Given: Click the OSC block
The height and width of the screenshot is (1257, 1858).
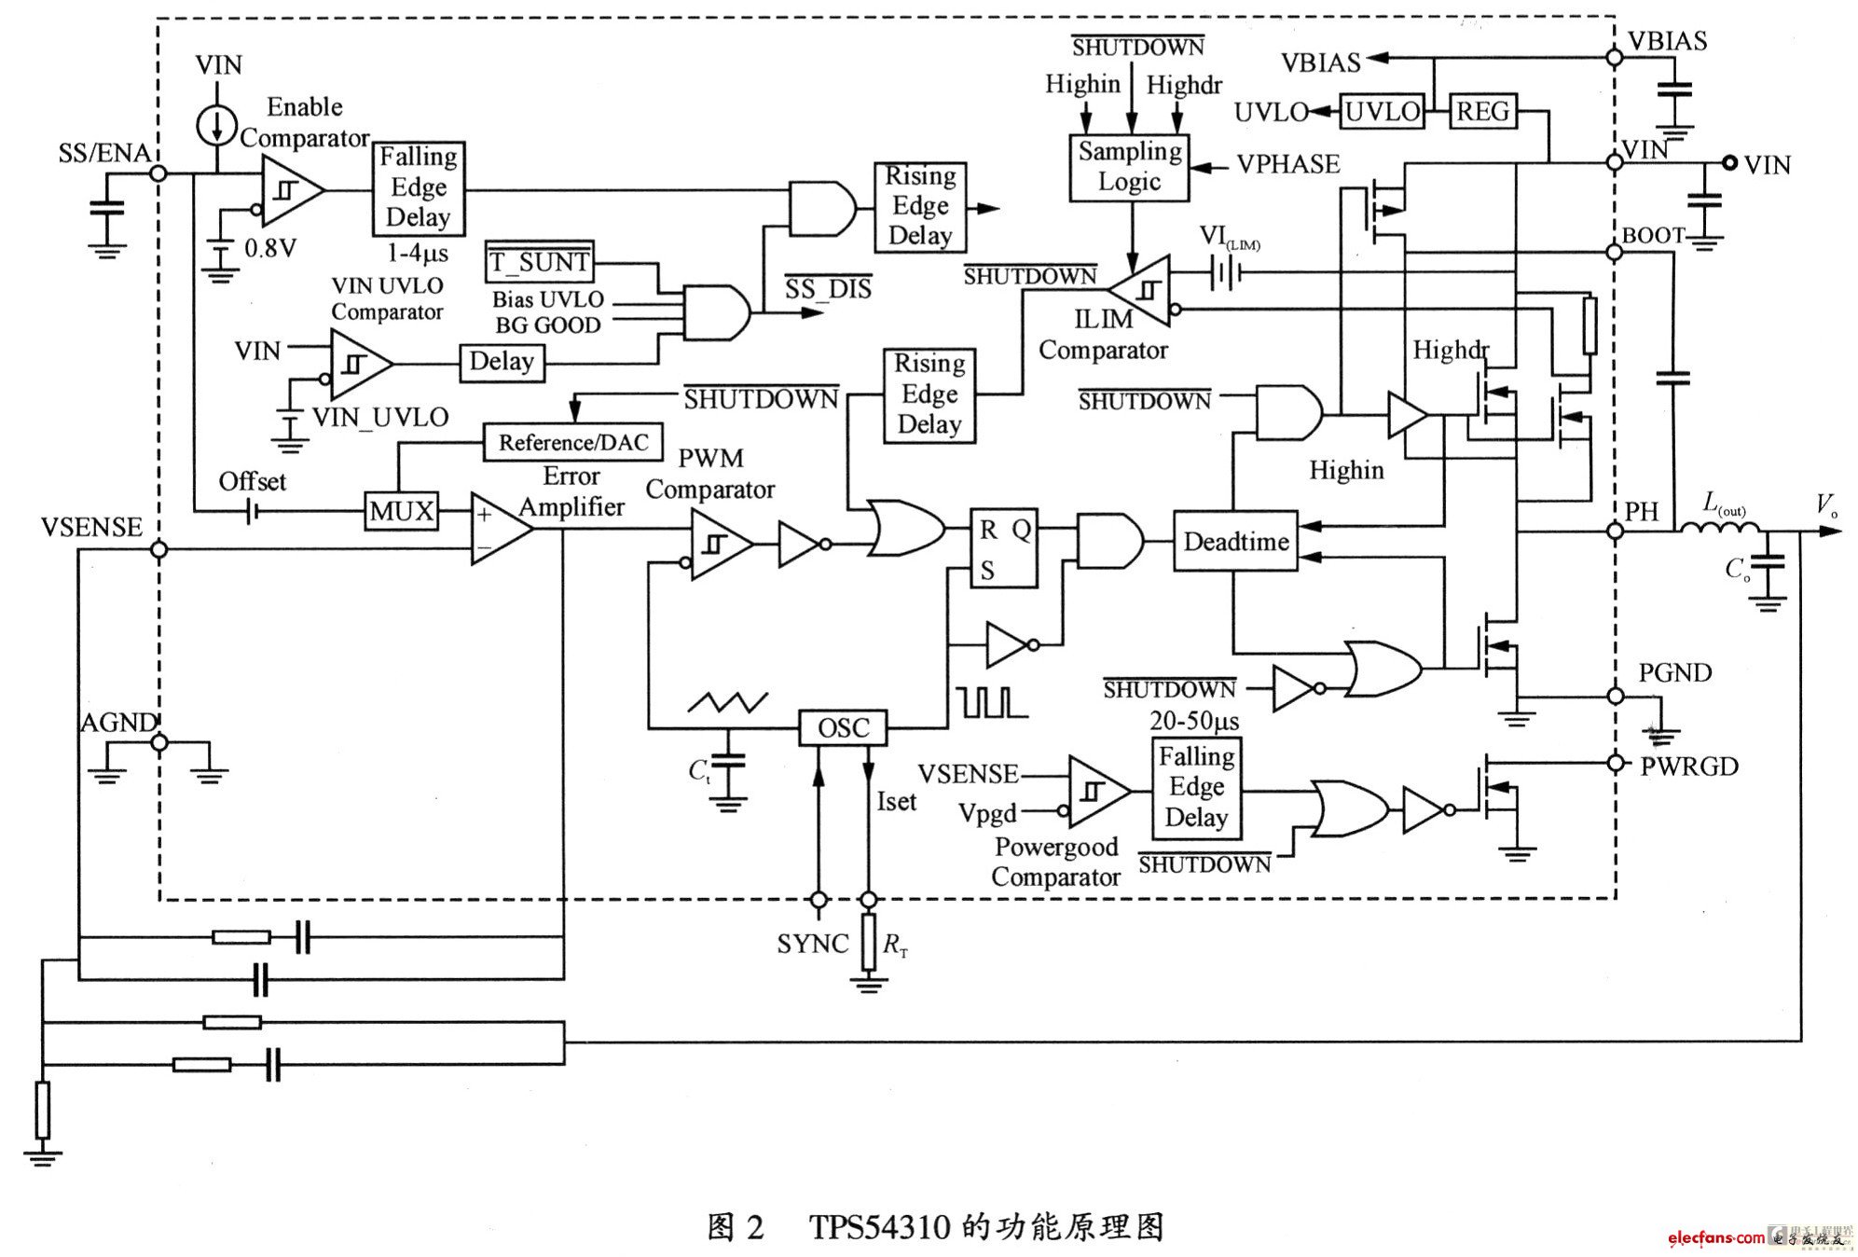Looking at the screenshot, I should click(x=842, y=727).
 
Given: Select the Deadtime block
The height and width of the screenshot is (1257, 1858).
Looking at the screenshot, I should click(x=1235, y=542).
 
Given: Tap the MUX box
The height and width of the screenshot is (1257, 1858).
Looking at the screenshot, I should click(x=401, y=511).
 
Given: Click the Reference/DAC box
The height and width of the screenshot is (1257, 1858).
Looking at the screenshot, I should click(x=572, y=442).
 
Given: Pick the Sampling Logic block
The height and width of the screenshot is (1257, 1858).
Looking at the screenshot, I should click(x=1129, y=167).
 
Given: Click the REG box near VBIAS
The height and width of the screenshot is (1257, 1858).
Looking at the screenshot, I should click(x=1482, y=112).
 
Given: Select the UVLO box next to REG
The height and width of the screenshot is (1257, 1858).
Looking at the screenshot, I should click(x=1382, y=112).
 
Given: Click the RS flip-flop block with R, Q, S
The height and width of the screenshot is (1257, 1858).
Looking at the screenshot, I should click(x=1003, y=549).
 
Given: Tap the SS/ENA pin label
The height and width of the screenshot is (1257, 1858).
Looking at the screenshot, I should click(x=103, y=154).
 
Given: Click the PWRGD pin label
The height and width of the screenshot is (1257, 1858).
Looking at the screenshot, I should click(x=1689, y=767).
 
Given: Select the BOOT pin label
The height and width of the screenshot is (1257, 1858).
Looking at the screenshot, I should click(x=1653, y=236).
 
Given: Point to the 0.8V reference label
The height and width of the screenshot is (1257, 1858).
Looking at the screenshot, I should click(x=269, y=249).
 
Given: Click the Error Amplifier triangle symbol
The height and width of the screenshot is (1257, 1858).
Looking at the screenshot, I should click(x=500, y=529).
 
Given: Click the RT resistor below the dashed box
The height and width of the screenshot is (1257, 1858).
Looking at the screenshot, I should click(x=869, y=942).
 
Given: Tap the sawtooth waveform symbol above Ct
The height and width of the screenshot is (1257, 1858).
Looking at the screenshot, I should click(x=728, y=701).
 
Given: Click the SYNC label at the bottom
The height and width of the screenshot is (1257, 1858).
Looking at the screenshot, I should click(x=812, y=944).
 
